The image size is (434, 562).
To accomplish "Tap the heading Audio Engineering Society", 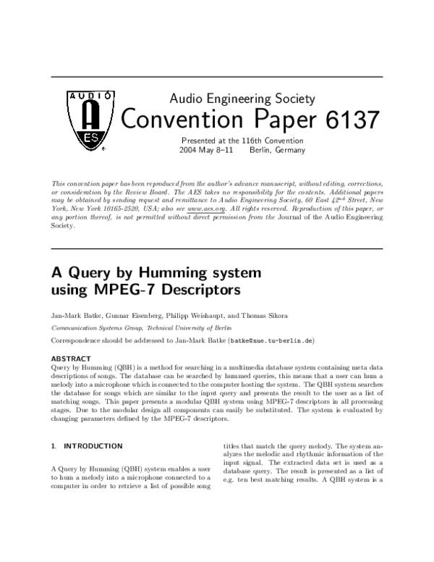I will [242, 98].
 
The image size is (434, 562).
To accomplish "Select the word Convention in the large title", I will [180, 119].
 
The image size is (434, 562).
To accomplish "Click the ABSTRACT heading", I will [71, 358].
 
